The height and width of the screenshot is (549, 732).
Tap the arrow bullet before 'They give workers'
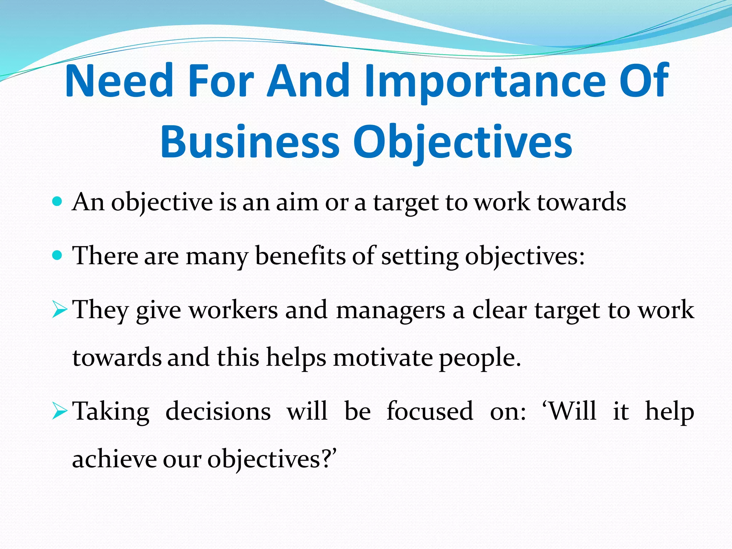tap(59, 310)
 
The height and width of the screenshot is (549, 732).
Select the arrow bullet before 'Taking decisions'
tap(59, 411)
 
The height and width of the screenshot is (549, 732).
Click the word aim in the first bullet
tap(297, 202)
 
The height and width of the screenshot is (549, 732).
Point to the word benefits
tap(300, 256)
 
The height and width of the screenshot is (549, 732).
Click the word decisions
tap(218, 411)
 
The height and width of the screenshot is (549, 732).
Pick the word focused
tap(430, 411)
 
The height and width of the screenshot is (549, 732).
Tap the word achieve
tap(114, 459)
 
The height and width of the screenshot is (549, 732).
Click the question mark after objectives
tap(327, 459)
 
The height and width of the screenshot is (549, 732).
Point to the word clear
tap(499, 310)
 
